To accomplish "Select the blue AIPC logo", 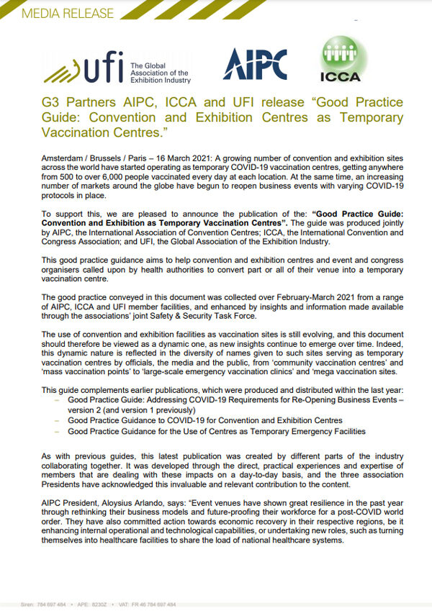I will coord(254,65).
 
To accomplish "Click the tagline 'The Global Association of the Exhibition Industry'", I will coord(160,73).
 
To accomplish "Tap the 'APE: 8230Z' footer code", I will coord(94,605).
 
